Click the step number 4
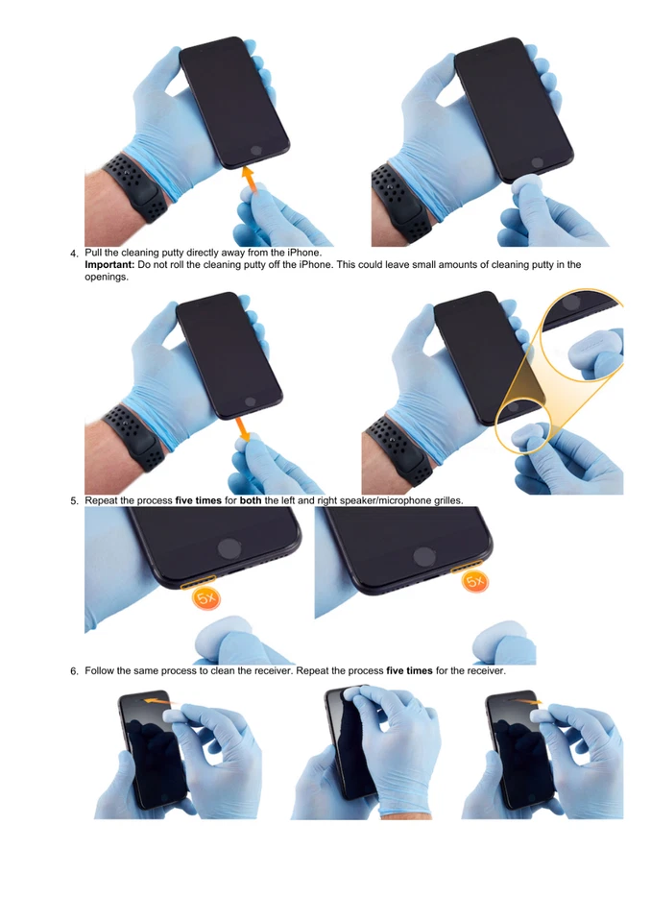click(74, 254)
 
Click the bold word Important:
click(110, 264)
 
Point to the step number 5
click(74, 501)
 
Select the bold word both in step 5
click(251, 500)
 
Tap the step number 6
click(74, 671)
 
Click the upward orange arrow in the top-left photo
click(249, 179)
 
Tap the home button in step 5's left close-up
click(229, 548)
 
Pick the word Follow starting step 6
click(101, 670)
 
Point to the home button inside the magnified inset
click(572, 302)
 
